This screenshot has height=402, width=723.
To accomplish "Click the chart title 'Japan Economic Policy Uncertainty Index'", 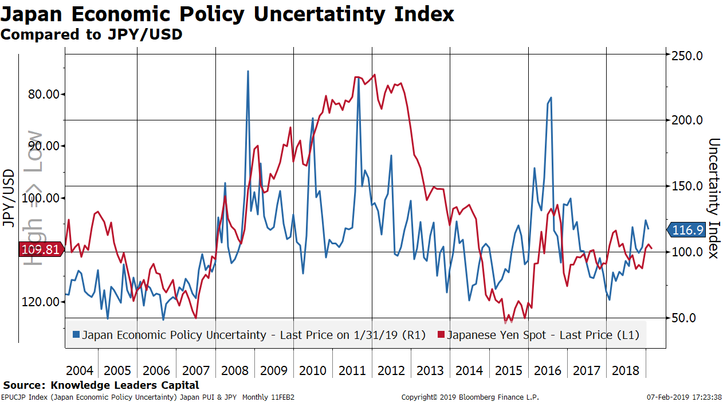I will point(227,14).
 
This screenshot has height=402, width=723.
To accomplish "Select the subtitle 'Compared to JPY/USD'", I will point(91,34).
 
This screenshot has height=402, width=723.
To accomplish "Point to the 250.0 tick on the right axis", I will point(687,56).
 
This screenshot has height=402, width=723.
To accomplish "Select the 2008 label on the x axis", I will point(234,370).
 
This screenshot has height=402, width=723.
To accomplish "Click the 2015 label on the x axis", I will point(508,370).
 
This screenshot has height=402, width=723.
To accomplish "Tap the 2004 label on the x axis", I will point(79,370).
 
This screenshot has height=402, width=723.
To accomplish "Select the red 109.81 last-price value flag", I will point(40,249).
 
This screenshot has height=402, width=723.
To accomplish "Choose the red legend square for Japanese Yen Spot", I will point(441,334).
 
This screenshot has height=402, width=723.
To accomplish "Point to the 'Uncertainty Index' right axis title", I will point(713,198).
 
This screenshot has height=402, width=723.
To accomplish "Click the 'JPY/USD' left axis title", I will point(9,198).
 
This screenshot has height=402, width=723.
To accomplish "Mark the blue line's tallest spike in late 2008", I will point(247,71).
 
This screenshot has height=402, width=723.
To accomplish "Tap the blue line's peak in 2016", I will point(551,98).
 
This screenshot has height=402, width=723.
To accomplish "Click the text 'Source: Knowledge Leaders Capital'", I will point(101,385).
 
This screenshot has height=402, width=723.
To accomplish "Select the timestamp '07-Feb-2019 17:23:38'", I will point(685,397).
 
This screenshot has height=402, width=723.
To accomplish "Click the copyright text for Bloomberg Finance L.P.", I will point(470,397).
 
